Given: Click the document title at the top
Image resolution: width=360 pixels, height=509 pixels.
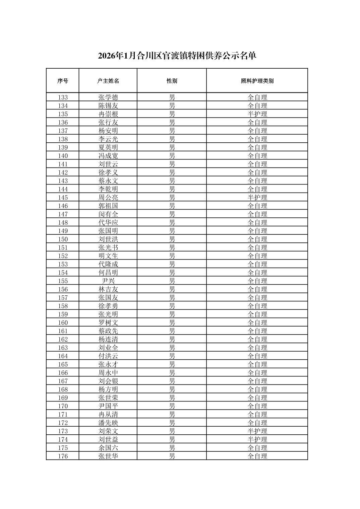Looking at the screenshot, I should tap(177, 56).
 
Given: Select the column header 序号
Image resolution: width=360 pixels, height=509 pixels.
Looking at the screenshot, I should tap(63, 81).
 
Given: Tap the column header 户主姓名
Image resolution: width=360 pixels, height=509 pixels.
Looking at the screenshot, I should tap(108, 81).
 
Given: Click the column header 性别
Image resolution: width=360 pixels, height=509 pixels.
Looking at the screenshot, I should tap(172, 81).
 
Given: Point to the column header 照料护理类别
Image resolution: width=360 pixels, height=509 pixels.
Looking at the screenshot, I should tap(257, 81).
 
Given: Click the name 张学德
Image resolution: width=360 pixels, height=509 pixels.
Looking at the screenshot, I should tap(108, 97).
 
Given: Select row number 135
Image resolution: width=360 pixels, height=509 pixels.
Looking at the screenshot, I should tap(63, 114).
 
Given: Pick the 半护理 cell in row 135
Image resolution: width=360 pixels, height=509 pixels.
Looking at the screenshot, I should tap(257, 114).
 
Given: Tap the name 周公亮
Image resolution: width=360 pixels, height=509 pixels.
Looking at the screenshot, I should tap(108, 198).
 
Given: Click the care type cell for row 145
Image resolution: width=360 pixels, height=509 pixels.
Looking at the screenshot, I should tap(257, 198).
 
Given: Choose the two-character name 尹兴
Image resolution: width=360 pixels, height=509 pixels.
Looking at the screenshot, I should tap(108, 281).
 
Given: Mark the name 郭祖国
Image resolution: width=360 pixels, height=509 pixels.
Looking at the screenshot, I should tap(108, 206).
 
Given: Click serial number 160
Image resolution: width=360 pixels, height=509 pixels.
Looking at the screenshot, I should tap(63, 323).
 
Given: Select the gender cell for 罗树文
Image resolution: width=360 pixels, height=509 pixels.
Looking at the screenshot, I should tap(172, 323).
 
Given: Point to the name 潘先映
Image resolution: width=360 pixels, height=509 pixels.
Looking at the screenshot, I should tap(108, 423).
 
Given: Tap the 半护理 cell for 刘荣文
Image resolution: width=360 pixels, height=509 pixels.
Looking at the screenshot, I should tap(257, 431).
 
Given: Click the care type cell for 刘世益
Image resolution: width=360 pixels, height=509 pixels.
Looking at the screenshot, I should tap(257, 440).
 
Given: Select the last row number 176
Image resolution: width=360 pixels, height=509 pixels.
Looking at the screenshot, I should tap(63, 456).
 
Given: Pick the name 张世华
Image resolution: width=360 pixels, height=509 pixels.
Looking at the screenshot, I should tap(108, 456).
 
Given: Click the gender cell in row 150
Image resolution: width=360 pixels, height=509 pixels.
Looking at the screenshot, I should tap(172, 239).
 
